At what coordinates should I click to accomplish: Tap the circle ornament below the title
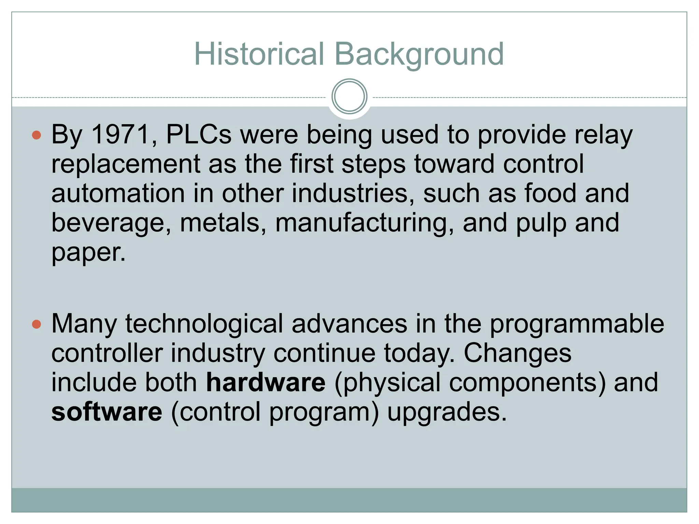point(349,96)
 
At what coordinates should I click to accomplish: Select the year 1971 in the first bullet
point(120,134)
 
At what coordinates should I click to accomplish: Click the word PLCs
point(199,134)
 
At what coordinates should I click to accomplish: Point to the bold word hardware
point(266,382)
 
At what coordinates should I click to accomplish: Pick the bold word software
point(107,412)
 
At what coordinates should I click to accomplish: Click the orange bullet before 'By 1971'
point(37,135)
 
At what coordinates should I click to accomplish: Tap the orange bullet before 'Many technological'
point(37,324)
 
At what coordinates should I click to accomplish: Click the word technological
point(204,324)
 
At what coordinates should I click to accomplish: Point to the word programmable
point(577,324)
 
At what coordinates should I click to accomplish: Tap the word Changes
point(517,353)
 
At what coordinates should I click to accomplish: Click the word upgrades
point(447,412)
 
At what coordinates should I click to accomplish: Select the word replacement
point(126,164)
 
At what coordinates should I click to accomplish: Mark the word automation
point(118,193)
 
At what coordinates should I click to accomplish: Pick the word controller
point(107,353)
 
